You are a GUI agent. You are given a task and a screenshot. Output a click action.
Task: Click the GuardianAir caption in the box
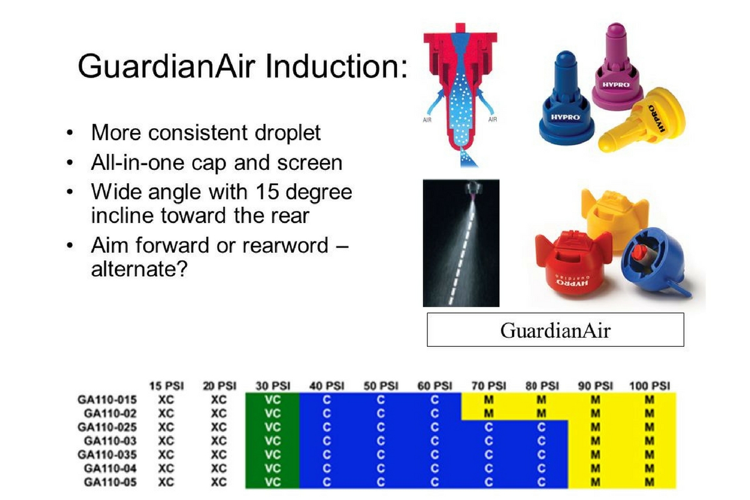tap(555, 330)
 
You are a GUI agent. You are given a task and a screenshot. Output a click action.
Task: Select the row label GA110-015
tap(107, 399)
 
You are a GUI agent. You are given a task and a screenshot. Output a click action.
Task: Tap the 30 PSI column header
tap(272, 386)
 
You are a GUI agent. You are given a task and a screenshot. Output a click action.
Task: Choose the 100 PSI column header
tap(650, 386)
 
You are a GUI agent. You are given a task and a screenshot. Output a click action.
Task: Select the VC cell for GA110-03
tap(272, 441)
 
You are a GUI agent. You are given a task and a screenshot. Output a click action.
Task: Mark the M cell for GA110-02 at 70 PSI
tap(489, 413)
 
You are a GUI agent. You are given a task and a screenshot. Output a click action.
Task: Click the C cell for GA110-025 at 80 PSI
tap(541, 427)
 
